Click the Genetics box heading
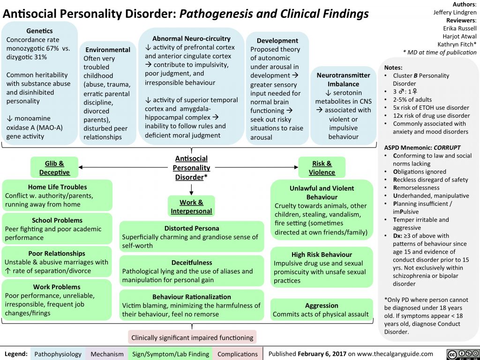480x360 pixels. (39, 30)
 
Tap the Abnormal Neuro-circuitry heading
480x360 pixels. (191, 38)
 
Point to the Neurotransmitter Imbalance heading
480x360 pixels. (344, 80)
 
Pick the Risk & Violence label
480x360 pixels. (322, 168)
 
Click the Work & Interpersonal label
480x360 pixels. (191, 207)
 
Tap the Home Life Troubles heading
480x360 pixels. (58, 187)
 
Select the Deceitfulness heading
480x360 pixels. (192, 262)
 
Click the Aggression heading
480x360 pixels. (322, 305)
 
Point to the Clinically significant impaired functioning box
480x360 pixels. (192, 337)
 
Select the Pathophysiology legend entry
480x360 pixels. (58, 354)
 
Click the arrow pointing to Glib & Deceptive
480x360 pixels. (82, 166)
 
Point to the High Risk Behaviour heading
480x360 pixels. (322, 255)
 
